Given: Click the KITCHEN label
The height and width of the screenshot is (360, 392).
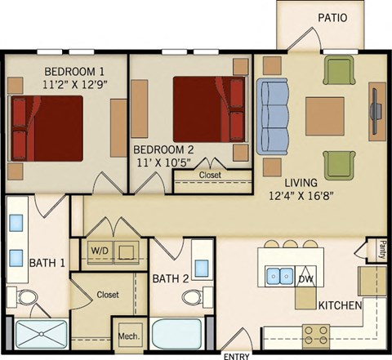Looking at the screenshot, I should pos(341,304).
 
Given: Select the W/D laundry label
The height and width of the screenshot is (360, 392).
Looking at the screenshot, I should pos(98,250).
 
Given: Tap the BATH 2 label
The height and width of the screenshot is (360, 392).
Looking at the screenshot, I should pos(171,278).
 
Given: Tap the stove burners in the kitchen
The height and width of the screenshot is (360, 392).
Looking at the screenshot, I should pos(316,332).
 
